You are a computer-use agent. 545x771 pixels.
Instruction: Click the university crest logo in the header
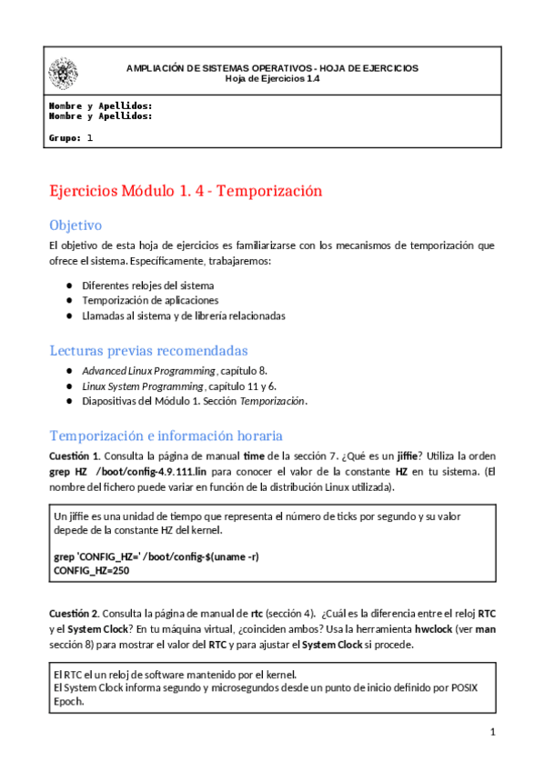[x=63, y=73]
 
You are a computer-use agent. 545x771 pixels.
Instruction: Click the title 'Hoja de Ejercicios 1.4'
[x=272, y=78]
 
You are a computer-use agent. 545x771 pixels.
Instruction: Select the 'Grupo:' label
[x=65, y=138]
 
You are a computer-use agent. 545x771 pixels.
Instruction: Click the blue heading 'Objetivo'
[x=76, y=225]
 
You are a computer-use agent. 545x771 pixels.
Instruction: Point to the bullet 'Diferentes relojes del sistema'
[x=148, y=285]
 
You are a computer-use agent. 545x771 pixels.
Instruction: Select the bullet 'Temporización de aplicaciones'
[x=150, y=300]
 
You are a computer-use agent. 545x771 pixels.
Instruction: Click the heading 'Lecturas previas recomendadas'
[x=148, y=351]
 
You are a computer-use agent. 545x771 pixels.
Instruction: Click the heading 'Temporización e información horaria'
[x=166, y=435]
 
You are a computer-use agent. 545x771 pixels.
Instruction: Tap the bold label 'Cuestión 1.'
[x=75, y=455]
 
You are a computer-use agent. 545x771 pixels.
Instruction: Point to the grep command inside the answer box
[x=156, y=556]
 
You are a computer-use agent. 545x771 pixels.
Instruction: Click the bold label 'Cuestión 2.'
[x=75, y=612]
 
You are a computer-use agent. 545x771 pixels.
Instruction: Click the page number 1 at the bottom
[x=492, y=732]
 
